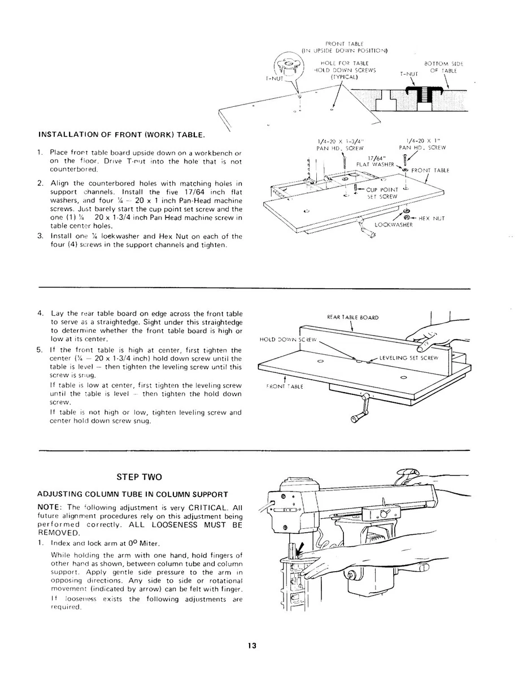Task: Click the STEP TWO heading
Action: [139, 477]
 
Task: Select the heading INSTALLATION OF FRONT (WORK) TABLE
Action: [121, 135]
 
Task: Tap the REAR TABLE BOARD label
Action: [353, 317]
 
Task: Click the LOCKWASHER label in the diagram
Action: [394, 224]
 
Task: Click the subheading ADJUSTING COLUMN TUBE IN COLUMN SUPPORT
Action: [124, 494]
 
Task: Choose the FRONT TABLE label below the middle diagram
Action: [285, 386]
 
